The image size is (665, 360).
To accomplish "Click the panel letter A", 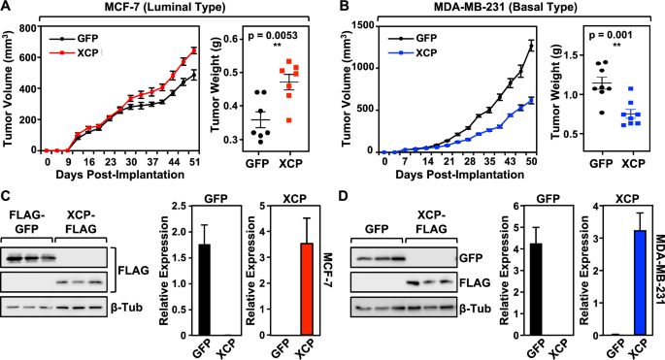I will pos(8,9).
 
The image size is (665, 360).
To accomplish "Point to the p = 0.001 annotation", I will pos(602,43).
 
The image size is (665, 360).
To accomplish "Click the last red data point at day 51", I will pos(194,50).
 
